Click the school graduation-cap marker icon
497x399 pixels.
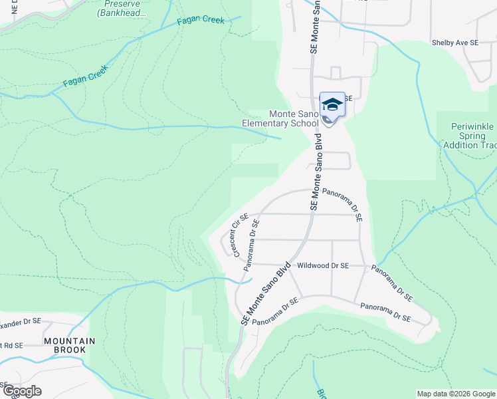tap(332, 105)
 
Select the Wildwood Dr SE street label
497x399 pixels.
tap(323, 265)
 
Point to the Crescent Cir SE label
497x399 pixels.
tap(240, 235)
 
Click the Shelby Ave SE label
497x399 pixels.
tap(455, 43)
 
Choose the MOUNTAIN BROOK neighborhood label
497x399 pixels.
tap(70, 345)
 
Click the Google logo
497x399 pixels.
tap(21, 391)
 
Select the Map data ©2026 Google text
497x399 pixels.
tap(456, 394)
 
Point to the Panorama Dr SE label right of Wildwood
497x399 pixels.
tap(392, 282)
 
